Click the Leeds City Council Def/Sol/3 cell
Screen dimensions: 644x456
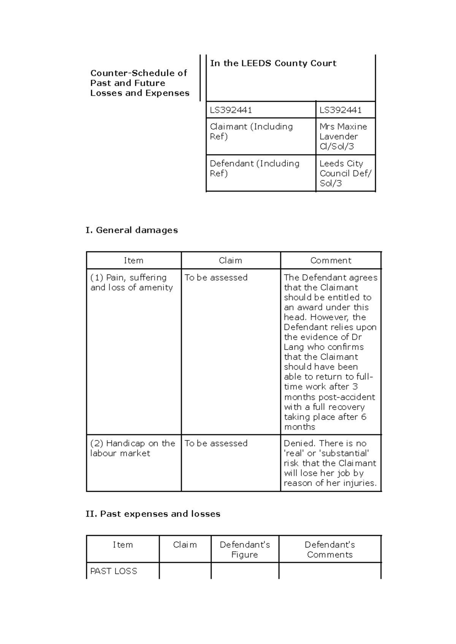point(345,173)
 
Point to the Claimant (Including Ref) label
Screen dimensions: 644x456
point(251,131)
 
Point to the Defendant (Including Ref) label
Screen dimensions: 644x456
point(254,168)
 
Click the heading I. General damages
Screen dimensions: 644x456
point(132,230)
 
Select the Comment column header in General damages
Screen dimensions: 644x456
point(331,260)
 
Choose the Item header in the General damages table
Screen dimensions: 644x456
point(133,260)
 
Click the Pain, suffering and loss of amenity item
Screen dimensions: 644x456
point(131,283)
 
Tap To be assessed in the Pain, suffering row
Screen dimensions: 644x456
point(216,278)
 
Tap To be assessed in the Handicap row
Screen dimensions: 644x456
point(216,444)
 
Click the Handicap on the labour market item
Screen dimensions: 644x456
point(132,448)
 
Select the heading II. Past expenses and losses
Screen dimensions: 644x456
point(153,514)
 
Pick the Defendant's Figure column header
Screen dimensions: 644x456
point(245,549)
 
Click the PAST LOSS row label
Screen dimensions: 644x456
point(114,571)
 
